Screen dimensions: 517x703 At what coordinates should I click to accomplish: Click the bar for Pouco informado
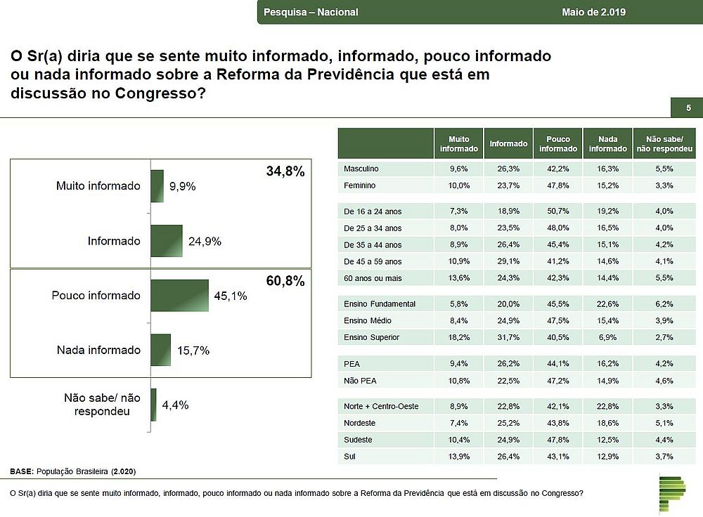click(179, 295)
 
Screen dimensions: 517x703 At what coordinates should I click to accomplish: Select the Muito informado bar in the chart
click(157, 186)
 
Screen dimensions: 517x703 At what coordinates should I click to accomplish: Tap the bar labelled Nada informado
click(160, 350)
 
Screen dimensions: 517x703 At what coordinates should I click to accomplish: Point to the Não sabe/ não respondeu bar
click(153, 405)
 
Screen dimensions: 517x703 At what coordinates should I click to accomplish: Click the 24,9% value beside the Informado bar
click(205, 242)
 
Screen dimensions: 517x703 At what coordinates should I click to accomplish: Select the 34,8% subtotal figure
click(285, 171)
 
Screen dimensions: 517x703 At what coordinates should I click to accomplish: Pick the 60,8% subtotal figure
click(285, 282)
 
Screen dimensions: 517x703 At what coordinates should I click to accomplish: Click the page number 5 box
click(688, 107)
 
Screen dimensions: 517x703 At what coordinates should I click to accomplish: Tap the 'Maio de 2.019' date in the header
click(594, 12)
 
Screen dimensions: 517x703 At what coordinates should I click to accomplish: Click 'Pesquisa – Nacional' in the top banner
click(311, 12)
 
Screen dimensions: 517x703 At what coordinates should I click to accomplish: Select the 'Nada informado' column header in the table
click(608, 143)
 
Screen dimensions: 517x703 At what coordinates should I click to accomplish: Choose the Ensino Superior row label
click(371, 337)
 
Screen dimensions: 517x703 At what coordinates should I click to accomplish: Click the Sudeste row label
click(358, 440)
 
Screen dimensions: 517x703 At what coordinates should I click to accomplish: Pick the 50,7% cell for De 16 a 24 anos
click(558, 211)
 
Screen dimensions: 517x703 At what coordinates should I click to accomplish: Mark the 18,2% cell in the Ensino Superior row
click(458, 337)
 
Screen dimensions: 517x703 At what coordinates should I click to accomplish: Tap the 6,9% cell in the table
click(608, 337)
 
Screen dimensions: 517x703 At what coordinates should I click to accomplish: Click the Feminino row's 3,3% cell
click(664, 185)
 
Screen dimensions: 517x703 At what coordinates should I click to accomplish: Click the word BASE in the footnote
click(21, 471)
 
